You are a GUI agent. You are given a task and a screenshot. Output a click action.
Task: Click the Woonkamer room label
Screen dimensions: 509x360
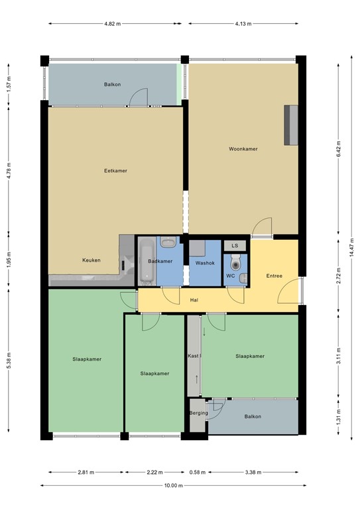243,148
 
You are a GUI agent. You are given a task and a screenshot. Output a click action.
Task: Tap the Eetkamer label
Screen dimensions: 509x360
115,170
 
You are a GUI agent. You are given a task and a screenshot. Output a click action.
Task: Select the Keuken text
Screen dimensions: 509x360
91,260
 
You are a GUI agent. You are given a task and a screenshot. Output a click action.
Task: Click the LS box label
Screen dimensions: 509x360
234,246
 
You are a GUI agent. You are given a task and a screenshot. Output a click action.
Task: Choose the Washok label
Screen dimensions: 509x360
205,262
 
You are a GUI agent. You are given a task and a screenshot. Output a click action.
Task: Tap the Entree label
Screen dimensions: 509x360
274,276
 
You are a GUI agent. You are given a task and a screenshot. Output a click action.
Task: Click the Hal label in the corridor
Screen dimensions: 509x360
194,300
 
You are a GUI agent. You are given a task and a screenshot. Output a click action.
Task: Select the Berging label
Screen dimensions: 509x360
198,413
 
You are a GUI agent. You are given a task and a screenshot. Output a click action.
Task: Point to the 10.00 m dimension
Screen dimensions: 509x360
173,485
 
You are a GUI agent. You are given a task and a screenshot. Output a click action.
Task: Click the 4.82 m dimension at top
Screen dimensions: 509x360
113,24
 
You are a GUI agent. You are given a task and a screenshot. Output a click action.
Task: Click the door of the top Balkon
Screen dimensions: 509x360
138,97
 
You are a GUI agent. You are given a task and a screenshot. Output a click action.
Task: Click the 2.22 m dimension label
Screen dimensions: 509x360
154,472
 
